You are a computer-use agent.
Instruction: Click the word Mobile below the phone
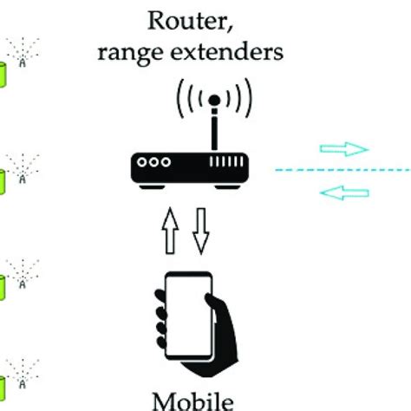(192, 401)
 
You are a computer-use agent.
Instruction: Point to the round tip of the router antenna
(214, 100)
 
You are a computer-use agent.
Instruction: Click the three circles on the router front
(153, 162)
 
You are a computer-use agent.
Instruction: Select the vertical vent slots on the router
(226, 161)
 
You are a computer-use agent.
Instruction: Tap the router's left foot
(152, 187)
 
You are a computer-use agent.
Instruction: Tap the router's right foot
(228, 187)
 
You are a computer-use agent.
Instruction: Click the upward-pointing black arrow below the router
(170, 231)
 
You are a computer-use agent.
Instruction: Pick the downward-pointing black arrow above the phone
(201, 232)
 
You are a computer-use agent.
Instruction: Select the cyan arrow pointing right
(344, 149)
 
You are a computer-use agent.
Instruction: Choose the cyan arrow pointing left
(344, 192)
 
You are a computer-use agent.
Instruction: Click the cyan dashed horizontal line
(343, 170)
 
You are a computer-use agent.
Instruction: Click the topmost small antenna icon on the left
(23, 53)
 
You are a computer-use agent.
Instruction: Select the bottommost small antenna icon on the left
(23, 374)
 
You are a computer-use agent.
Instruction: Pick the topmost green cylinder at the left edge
(3, 75)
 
